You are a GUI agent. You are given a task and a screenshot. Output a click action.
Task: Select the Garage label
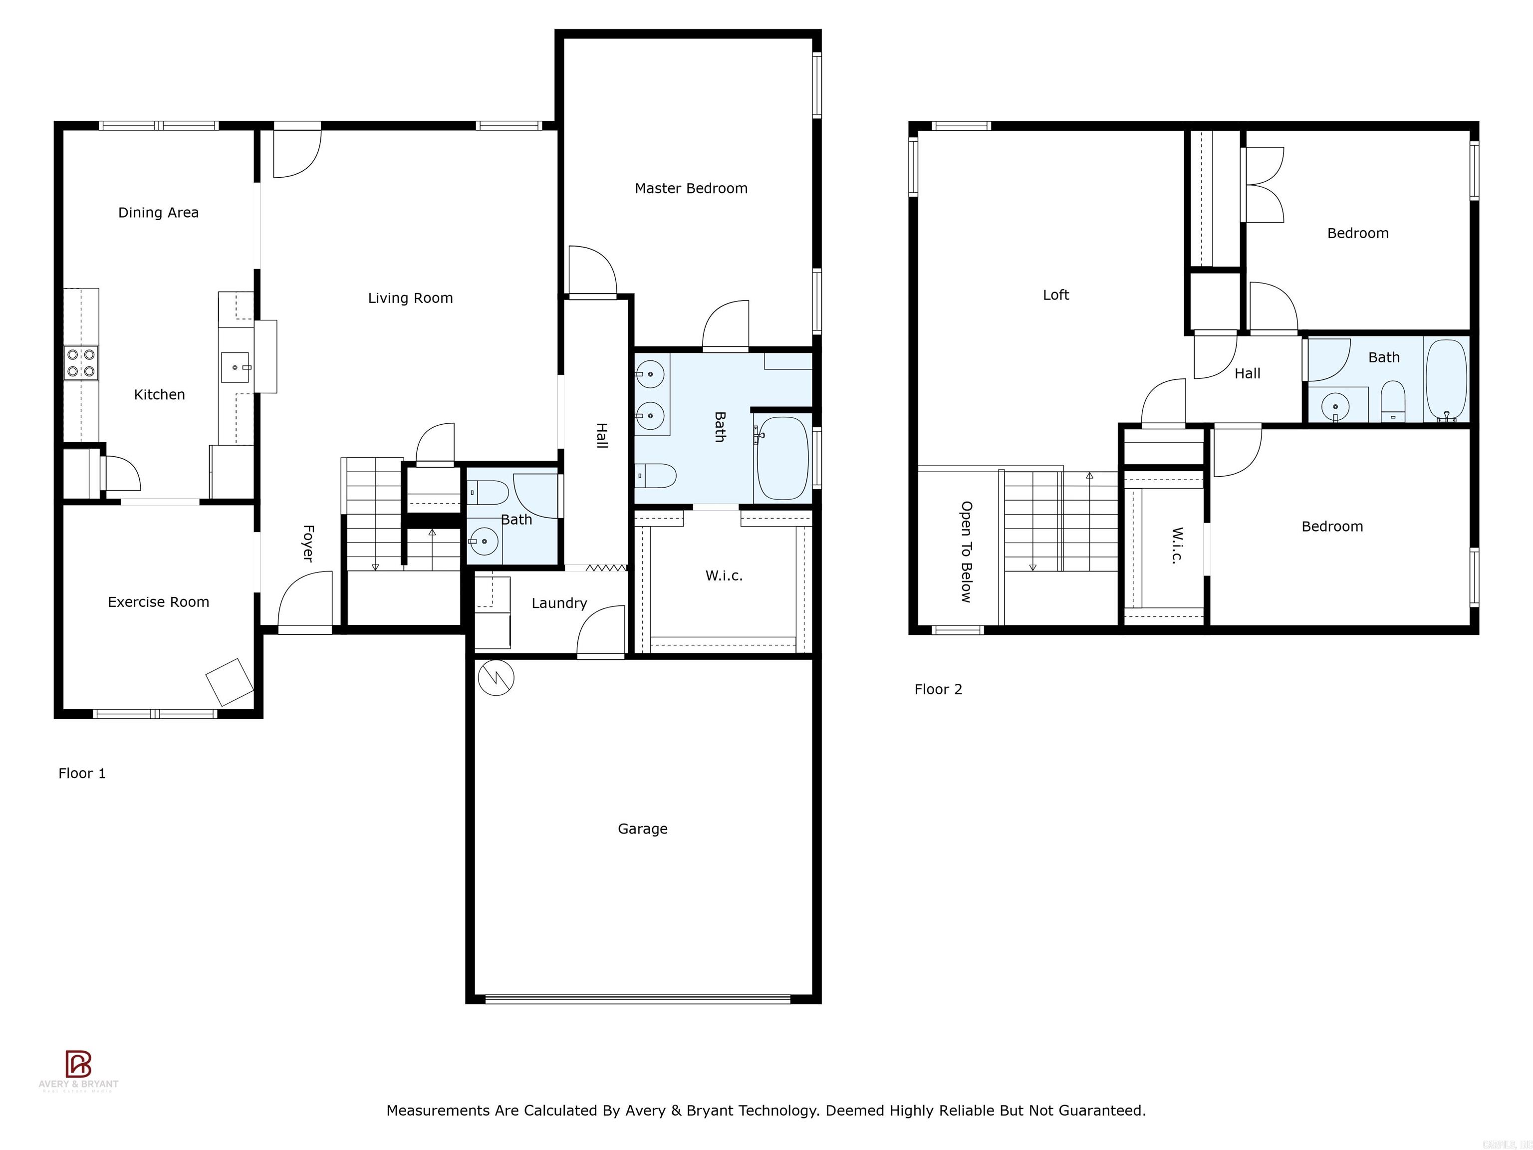(642, 829)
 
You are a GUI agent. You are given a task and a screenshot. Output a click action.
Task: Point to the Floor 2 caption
(938, 689)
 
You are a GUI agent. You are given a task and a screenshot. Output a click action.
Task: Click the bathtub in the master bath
(782, 458)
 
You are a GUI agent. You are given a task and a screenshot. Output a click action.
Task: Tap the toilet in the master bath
(656, 476)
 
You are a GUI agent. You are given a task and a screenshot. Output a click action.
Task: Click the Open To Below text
(966, 552)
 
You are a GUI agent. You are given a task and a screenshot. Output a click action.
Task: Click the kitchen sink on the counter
(236, 367)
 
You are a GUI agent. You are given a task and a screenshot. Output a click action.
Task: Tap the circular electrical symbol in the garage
(496, 677)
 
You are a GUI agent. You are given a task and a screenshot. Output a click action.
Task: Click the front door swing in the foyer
(303, 601)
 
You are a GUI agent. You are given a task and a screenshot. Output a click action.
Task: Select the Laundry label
(558, 603)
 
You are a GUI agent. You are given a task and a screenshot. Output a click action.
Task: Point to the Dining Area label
(158, 213)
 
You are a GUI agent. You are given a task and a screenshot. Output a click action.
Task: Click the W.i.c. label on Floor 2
(1177, 546)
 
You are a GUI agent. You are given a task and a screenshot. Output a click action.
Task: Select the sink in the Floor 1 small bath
(484, 541)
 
